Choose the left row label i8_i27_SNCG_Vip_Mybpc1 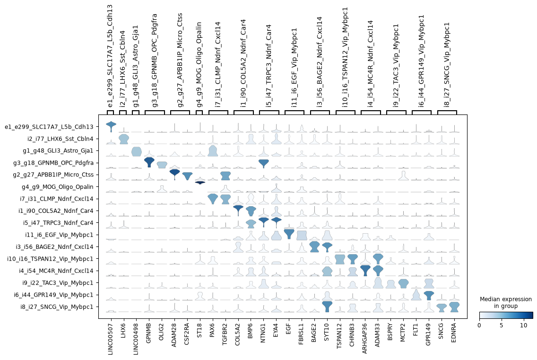point(57,307)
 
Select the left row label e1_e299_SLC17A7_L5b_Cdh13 point(49,127)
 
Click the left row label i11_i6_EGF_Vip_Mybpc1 point(59,235)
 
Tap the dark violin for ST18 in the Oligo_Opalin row point(200,183)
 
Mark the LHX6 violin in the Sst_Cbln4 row point(123,139)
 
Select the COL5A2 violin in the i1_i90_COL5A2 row point(238,210)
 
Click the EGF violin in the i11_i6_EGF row point(289,234)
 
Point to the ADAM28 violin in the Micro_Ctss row point(174,174)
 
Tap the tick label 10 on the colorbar point(524,325)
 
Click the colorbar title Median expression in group point(505,302)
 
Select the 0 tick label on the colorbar point(479,325)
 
